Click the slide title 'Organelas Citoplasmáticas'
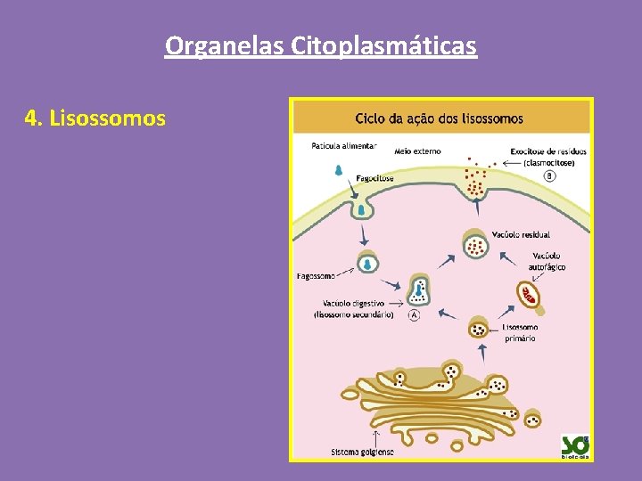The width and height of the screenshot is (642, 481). pos(321,45)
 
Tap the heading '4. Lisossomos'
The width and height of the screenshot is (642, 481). pos(95,118)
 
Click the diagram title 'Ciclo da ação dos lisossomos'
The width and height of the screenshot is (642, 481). pos(439,118)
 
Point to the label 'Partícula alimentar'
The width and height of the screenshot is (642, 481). pos(344,145)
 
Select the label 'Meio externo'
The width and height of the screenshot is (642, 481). pos(417,151)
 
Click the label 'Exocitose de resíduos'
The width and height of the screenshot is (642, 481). pos(547,151)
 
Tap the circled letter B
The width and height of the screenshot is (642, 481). pos(549,175)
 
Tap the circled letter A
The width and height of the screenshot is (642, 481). pos(414,315)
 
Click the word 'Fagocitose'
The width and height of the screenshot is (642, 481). pos(375,178)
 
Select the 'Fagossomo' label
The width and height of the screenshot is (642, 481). pos(317,276)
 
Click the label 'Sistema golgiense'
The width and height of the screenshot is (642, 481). pos(362,452)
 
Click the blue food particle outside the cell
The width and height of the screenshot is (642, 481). pos(339,169)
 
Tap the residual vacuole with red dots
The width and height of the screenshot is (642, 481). pos(476,243)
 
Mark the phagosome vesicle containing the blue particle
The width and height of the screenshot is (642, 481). pos(367,263)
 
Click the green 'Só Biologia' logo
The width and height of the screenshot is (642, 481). pos(574,444)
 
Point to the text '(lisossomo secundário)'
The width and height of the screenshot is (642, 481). pos(354,314)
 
